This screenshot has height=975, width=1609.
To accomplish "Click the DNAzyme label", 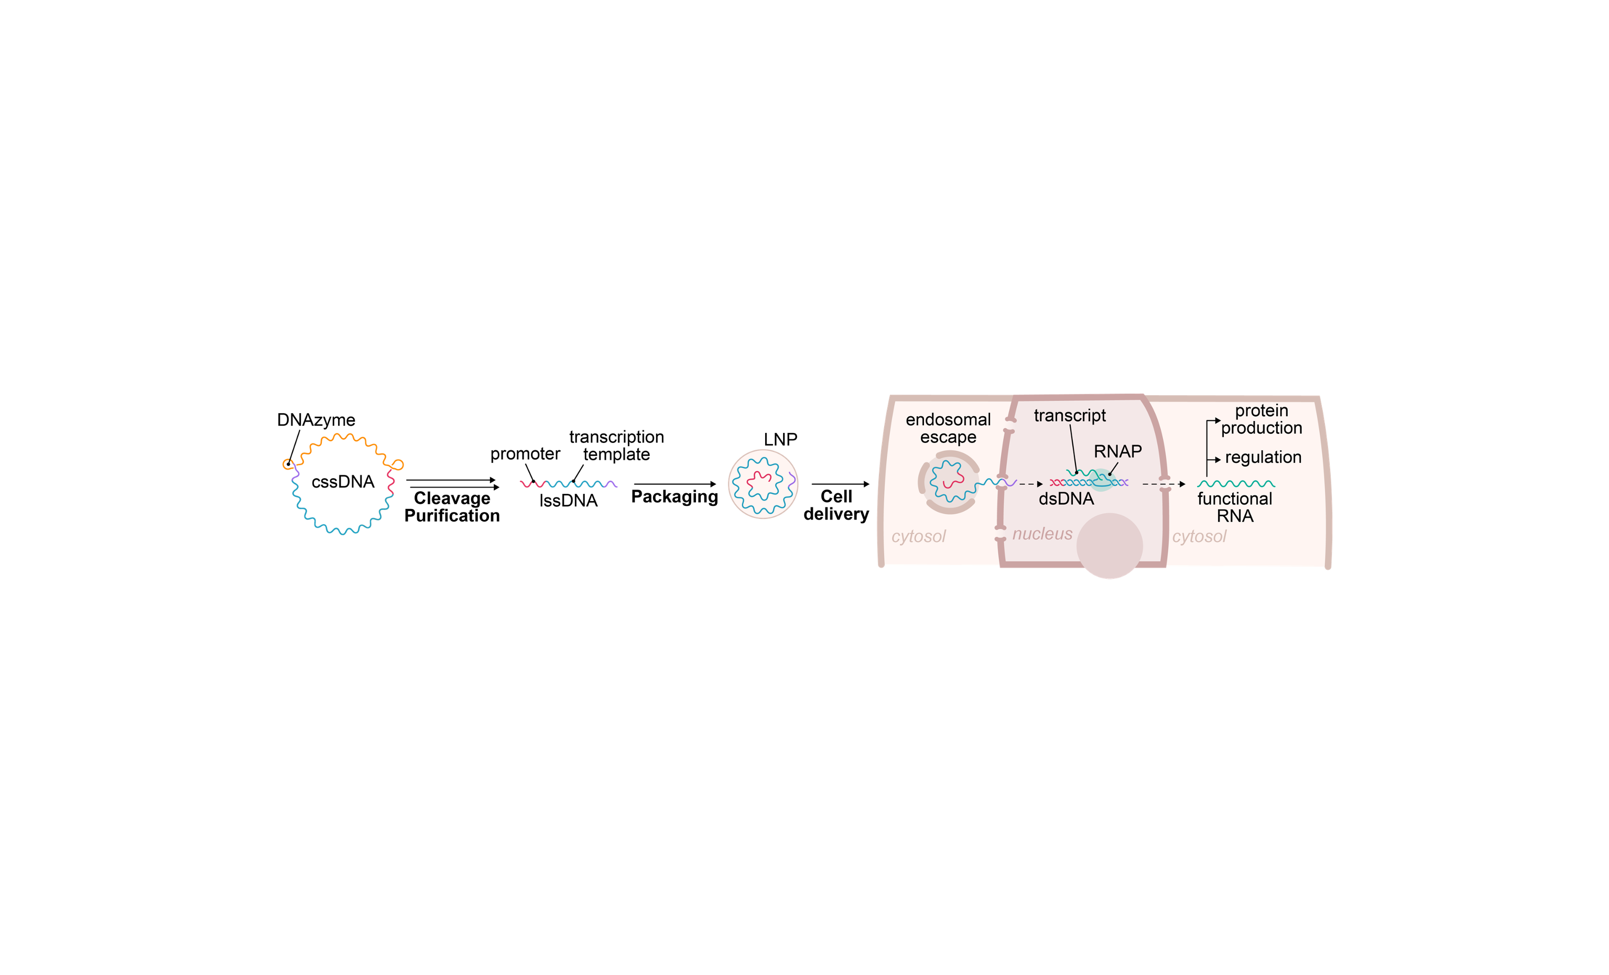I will click(316, 420).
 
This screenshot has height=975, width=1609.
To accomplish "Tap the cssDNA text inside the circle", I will click(343, 482).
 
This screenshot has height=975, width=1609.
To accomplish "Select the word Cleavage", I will click(452, 499).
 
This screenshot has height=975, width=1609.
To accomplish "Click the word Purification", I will click(452, 516).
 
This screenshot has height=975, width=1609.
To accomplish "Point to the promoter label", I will click(525, 454).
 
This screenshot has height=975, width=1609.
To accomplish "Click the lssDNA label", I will click(568, 501).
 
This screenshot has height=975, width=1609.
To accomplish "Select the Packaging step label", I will click(675, 497).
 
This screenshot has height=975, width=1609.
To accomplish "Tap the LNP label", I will click(780, 439).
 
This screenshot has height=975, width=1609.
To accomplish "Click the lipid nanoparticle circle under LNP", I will click(763, 484).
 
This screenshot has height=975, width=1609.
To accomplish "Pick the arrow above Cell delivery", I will click(841, 484).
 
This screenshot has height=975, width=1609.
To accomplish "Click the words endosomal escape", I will click(948, 428).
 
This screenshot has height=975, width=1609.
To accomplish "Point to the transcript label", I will click(1070, 415).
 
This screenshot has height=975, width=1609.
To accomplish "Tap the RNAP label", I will click(1117, 451).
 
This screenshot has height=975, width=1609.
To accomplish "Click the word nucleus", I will click(1042, 534).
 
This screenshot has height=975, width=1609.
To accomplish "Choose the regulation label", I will click(1263, 458).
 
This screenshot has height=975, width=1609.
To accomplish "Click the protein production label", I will click(1262, 419).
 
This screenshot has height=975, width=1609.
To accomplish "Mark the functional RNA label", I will click(1235, 507).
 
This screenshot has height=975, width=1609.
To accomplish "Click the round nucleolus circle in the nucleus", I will click(1110, 546).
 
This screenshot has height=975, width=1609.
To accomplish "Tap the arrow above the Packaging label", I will click(675, 484).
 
